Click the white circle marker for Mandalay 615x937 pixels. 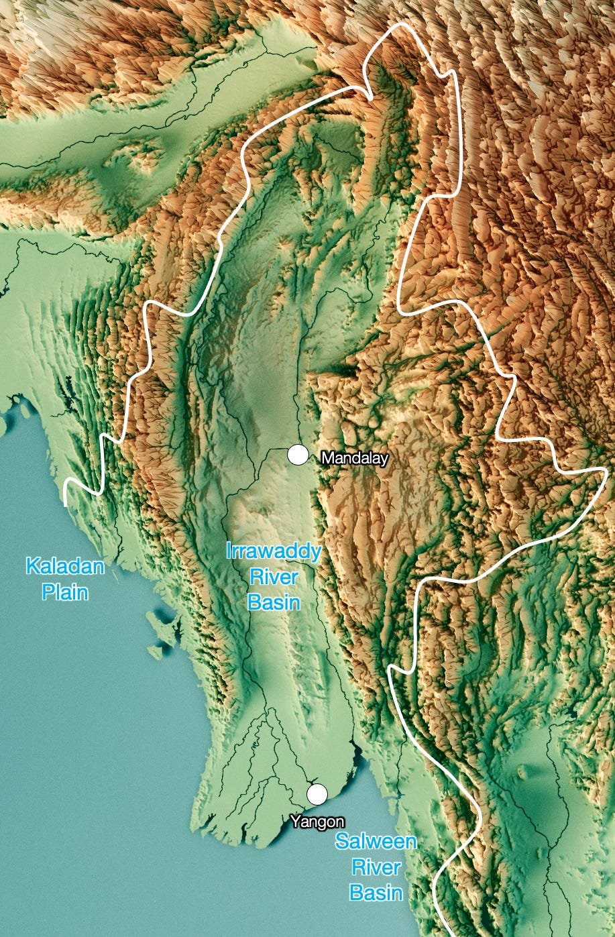(297, 455)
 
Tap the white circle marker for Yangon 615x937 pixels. (317, 793)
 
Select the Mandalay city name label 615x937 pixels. (355, 458)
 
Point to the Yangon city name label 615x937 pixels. (317, 822)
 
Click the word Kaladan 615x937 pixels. (65, 567)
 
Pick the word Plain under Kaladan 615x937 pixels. (65, 592)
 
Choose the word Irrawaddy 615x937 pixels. (274, 553)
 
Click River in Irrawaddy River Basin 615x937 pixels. (274, 577)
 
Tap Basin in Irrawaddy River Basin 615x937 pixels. (274, 602)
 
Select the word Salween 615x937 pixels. (376, 842)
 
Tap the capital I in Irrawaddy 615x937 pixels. (229, 553)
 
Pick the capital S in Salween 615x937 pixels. (341, 842)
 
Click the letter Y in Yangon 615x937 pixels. (295, 822)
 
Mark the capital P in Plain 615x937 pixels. (47, 592)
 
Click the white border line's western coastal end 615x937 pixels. (65, 502)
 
